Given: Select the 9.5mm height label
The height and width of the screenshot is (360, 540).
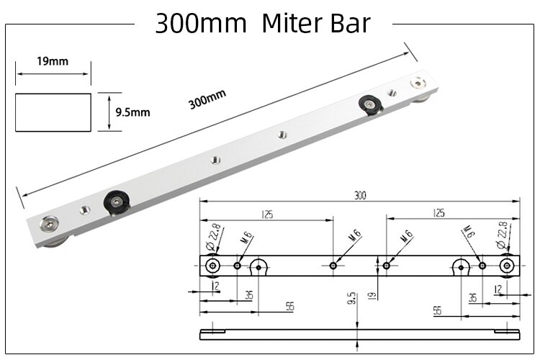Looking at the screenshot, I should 132,112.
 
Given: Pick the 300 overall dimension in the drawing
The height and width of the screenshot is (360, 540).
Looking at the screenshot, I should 359,195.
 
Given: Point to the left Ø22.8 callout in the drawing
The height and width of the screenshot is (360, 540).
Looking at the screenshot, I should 213,235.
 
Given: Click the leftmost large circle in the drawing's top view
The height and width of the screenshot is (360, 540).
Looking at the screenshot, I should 212,266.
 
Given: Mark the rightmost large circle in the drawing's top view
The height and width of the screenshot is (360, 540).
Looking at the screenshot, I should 507,266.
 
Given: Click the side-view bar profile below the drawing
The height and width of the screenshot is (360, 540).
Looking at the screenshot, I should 360,331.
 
